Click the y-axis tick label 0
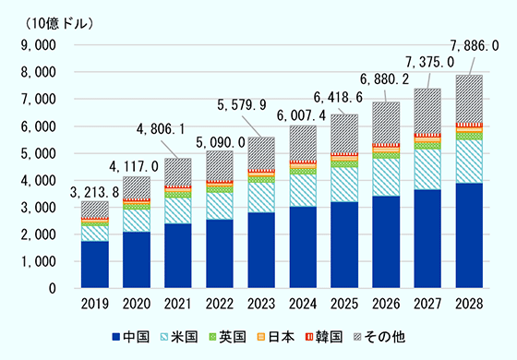54,289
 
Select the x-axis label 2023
263,303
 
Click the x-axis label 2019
96,303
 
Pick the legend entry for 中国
137,338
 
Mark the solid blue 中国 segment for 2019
96,265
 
